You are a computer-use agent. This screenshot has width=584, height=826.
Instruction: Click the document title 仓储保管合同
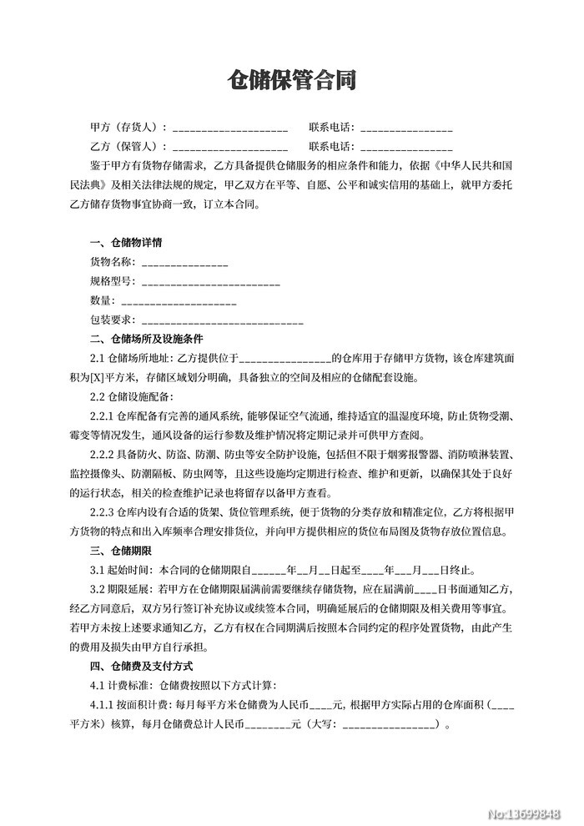point(292,80)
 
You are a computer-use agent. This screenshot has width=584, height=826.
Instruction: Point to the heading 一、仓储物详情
point(126,244)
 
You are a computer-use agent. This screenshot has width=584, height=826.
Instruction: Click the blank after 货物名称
point(183,264)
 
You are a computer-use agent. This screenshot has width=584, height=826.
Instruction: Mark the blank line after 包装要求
point(223,321)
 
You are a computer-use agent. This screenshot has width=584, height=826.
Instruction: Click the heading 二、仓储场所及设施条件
point(146,340)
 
